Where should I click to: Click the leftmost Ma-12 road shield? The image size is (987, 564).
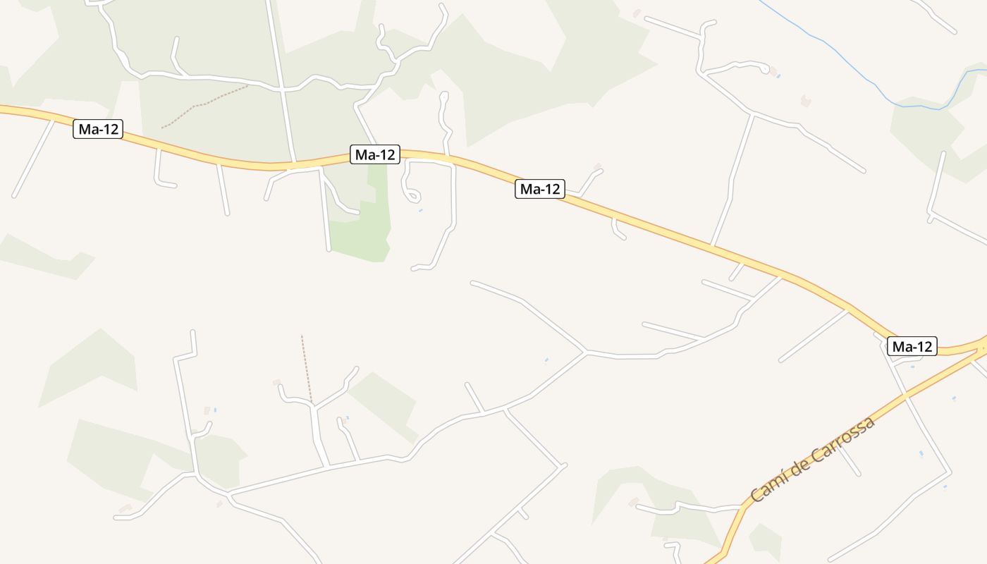(98, 129)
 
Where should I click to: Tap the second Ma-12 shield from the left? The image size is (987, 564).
(375, 154)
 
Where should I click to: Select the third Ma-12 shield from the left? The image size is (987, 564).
(540, 189)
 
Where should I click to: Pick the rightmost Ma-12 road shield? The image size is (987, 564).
(912, 346)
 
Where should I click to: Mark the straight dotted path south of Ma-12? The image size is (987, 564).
(306, 367)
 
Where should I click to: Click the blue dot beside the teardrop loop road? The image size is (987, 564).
(421, 210)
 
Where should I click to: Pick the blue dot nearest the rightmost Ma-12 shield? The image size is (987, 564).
(912, 367)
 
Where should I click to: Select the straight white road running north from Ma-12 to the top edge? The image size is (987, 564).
(280, 78)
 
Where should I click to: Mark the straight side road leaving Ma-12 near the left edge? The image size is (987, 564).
(32, 159)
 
